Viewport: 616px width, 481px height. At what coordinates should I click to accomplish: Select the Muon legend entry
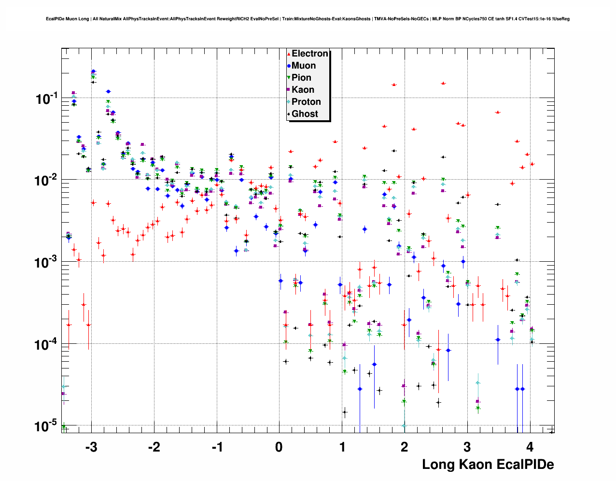[x=303, y=66]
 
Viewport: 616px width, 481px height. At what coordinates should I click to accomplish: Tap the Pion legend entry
[x=301, y=78]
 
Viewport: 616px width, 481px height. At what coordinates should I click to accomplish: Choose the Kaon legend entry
[x=303, y=90]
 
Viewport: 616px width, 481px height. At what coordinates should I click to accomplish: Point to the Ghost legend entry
[x=305, y=114]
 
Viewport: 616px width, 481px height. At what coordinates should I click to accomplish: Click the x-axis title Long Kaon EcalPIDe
[x=488, y=465]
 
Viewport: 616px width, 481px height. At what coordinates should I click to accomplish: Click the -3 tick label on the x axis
[x=91, y=447]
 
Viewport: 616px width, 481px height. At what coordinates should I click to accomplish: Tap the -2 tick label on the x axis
[x=154, y=447]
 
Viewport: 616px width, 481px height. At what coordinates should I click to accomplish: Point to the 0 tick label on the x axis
[x=279, y=447]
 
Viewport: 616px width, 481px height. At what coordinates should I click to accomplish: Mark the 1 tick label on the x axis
[x=342, y=447]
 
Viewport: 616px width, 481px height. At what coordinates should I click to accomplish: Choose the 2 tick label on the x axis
[x=405, y=447]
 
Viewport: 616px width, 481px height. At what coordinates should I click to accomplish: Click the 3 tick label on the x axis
[x=467, y=447]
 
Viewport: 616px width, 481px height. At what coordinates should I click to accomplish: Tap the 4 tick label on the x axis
[x=530, y=447]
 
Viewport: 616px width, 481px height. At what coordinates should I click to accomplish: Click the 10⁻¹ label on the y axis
[x=47, y=99]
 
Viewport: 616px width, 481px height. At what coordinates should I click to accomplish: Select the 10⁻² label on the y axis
[x=47, y=181]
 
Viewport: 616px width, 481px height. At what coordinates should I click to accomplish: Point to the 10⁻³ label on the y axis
[x=47, y=263]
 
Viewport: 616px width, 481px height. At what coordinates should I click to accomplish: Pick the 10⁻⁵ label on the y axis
[x=47, y=426]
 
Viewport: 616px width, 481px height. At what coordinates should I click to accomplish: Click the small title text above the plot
[x=308, y=19]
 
